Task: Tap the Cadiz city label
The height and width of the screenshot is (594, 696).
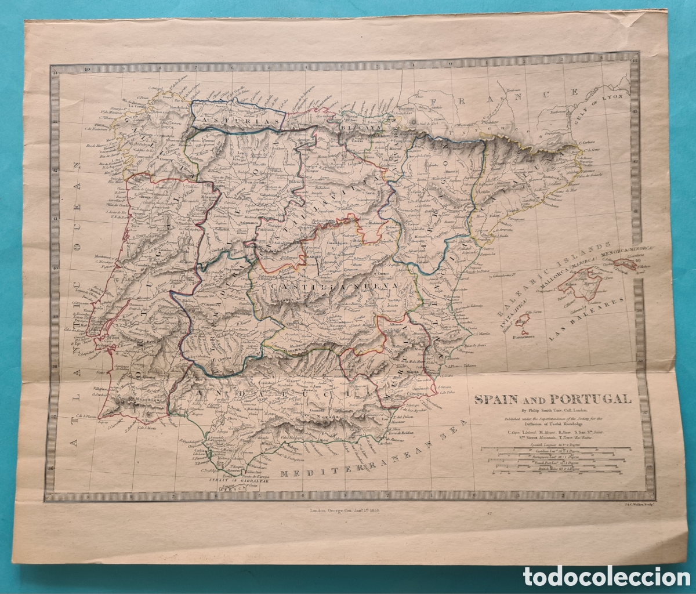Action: point(200,451)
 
